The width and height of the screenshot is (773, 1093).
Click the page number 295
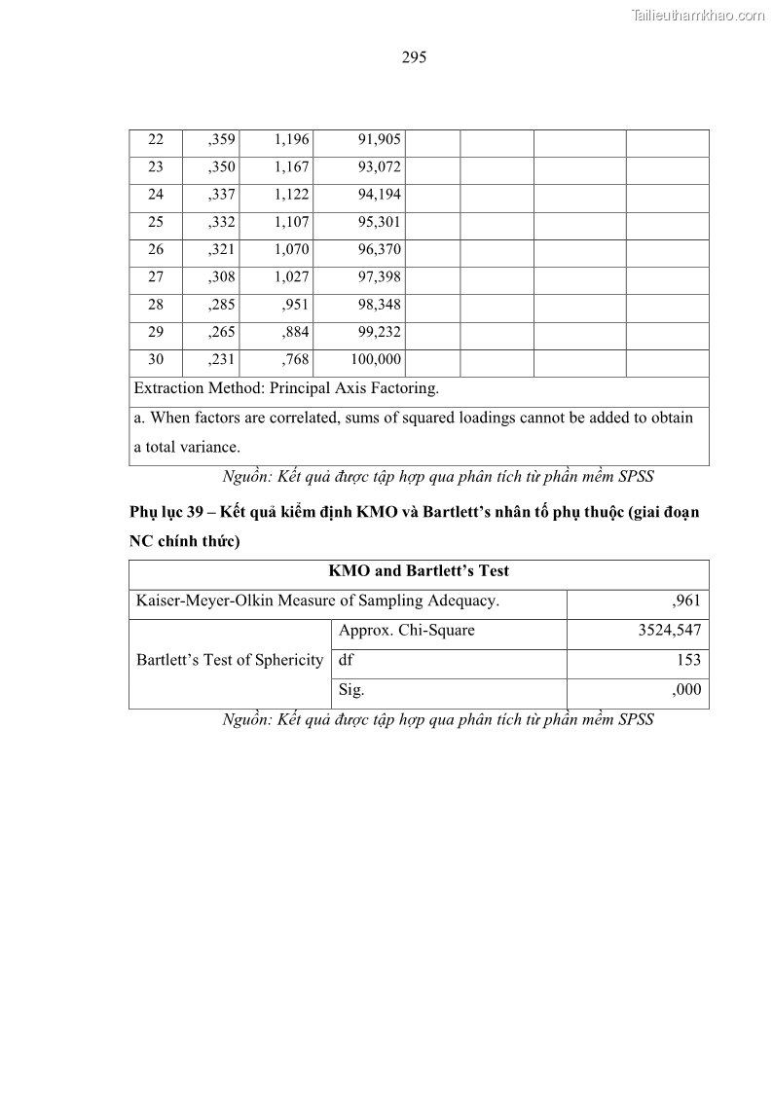click(x=414, y=57)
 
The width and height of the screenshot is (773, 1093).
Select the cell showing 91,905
click(x=380, y=139)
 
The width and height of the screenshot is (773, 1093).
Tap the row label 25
click(x=156, y=222)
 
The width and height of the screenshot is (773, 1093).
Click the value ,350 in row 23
click(x=222, y=166)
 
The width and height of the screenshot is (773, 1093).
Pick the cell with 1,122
click(x=291, y=195)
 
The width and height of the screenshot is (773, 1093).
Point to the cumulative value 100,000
click(x=376, y=360)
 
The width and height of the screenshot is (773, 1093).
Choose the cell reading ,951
click(x=295, y=305)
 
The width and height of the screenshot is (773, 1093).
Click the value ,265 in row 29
click(x=222, y=332)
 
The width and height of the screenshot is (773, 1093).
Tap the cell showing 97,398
click(x=380, y=277)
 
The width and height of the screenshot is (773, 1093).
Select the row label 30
click(x=156, y=360)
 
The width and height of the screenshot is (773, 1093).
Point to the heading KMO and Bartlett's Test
click(x=419, y=571)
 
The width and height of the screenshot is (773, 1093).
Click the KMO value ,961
click(x=686, y=601)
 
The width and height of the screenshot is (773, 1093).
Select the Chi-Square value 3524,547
click(x=669, y=630)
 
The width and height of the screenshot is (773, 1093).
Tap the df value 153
click(x=688, y=660)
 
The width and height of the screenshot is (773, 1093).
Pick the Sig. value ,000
click(x=686, y=689)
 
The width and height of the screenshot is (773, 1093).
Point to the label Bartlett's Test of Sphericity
click(x=230, y=660)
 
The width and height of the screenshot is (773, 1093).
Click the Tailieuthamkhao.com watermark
click(x=698, y=15)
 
